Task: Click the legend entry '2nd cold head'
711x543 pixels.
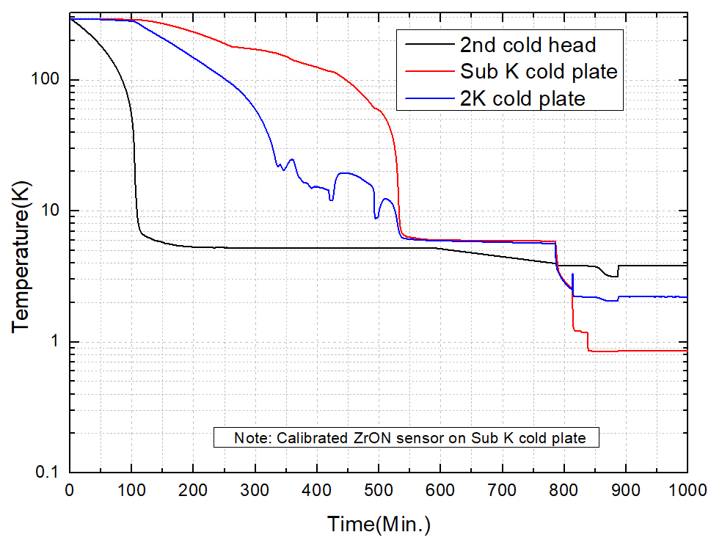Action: coord(528,45)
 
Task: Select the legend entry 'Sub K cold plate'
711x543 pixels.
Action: coord(539,71)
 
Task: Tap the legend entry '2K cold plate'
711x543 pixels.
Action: coord(522,98)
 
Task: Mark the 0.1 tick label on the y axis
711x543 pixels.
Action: coord(48,473)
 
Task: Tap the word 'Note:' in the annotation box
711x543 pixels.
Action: coord(252,438)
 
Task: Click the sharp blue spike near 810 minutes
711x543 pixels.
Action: coord(572,274)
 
